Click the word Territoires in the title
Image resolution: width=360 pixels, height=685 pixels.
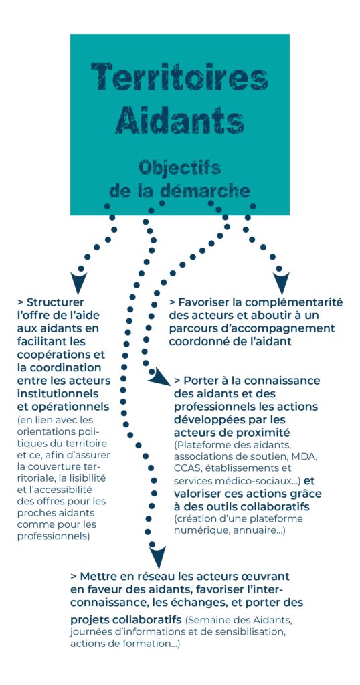(x=179, y=77)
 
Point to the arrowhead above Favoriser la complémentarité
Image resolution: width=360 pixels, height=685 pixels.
(x=280, y=282)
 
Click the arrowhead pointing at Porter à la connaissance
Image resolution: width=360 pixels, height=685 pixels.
(x=158, y=377)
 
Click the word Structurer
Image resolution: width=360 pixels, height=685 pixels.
(x=56, y=302)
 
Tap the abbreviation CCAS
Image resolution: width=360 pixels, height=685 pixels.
(x=185, y=469)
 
